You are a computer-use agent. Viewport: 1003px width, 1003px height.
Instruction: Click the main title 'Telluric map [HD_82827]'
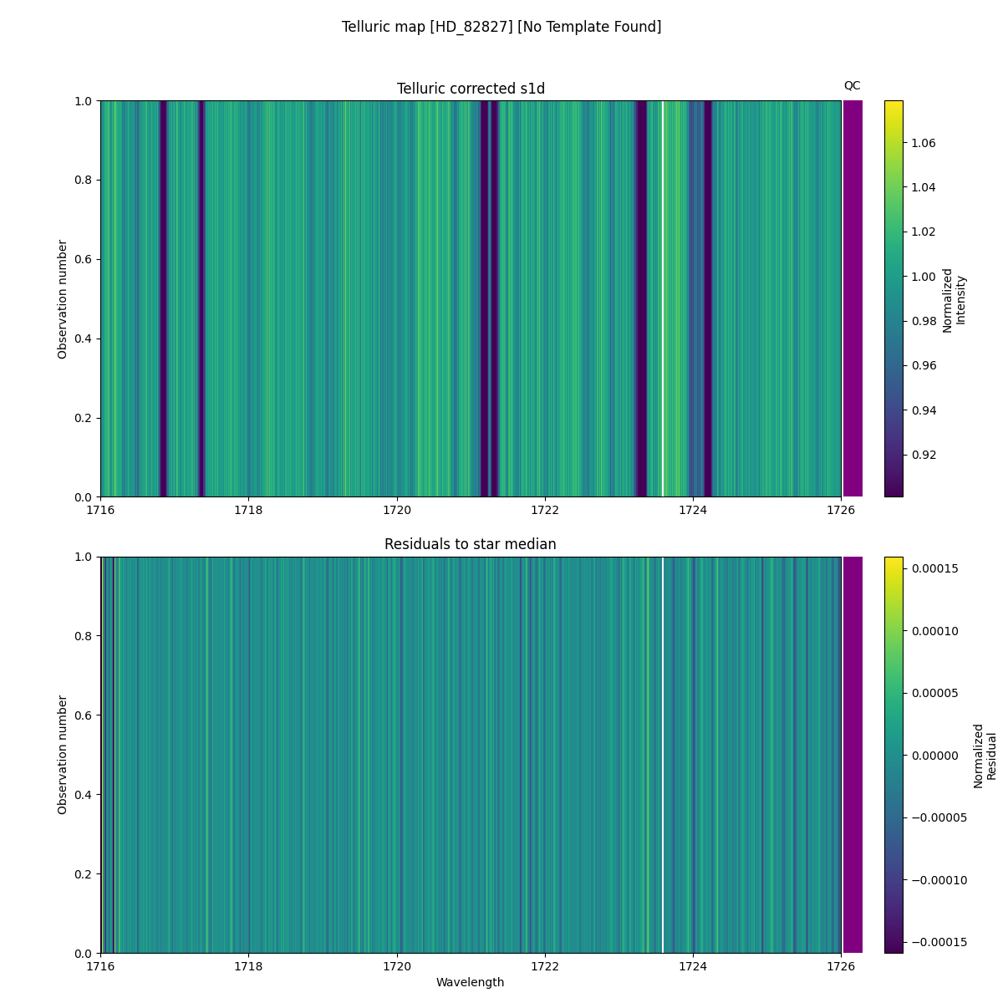[x=501, y=27]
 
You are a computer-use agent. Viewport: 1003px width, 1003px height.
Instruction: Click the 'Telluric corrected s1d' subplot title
[x=471, y=89]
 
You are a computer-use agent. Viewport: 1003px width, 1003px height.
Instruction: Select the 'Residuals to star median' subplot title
[x=471, y=544]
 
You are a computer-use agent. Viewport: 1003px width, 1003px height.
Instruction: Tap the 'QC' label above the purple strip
[x=852, y=85]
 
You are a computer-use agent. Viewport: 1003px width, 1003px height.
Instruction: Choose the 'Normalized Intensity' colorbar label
[x=954, y=299]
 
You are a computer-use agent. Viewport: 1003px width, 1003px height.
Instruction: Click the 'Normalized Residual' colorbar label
[x=985, y=756]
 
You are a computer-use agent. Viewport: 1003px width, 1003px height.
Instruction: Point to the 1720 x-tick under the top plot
[x=397, y=510]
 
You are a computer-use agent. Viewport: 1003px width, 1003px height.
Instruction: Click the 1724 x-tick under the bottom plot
[x=693, y=965]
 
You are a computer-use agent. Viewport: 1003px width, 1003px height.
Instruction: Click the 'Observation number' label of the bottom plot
[x=63, y=755]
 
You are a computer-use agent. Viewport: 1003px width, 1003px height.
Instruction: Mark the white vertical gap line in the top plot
[x=663, y=298]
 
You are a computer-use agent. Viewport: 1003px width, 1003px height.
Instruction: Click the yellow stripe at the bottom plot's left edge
[x=102, y=755]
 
